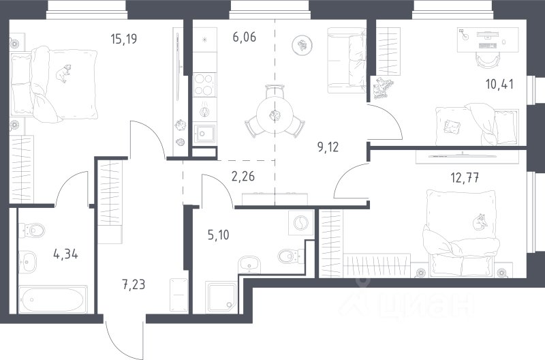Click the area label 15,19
click(x=124, y=39)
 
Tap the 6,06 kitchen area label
click(x=245, y=37)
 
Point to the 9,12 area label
click(x=328, y=147)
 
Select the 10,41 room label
click(x=499, y=84)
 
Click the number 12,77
click(x=465, y=178)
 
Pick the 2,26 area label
click(x=243, y=177)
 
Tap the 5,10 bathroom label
click(x=218, y=235)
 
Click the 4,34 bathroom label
click(x=65, y=254)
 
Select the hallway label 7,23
click(x=134, y=285)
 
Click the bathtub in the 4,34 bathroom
click(x=53, y=299)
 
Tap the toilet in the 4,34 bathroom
click(x=32, y=230)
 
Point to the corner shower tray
click(x=221, y=297)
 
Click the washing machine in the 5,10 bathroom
click(x=301, y=222)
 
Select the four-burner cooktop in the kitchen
click(x=204, y=85)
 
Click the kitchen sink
click(x=204, y=134)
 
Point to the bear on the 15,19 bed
click(x=63, y=73)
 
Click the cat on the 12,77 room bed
click(x=481, y=222)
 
